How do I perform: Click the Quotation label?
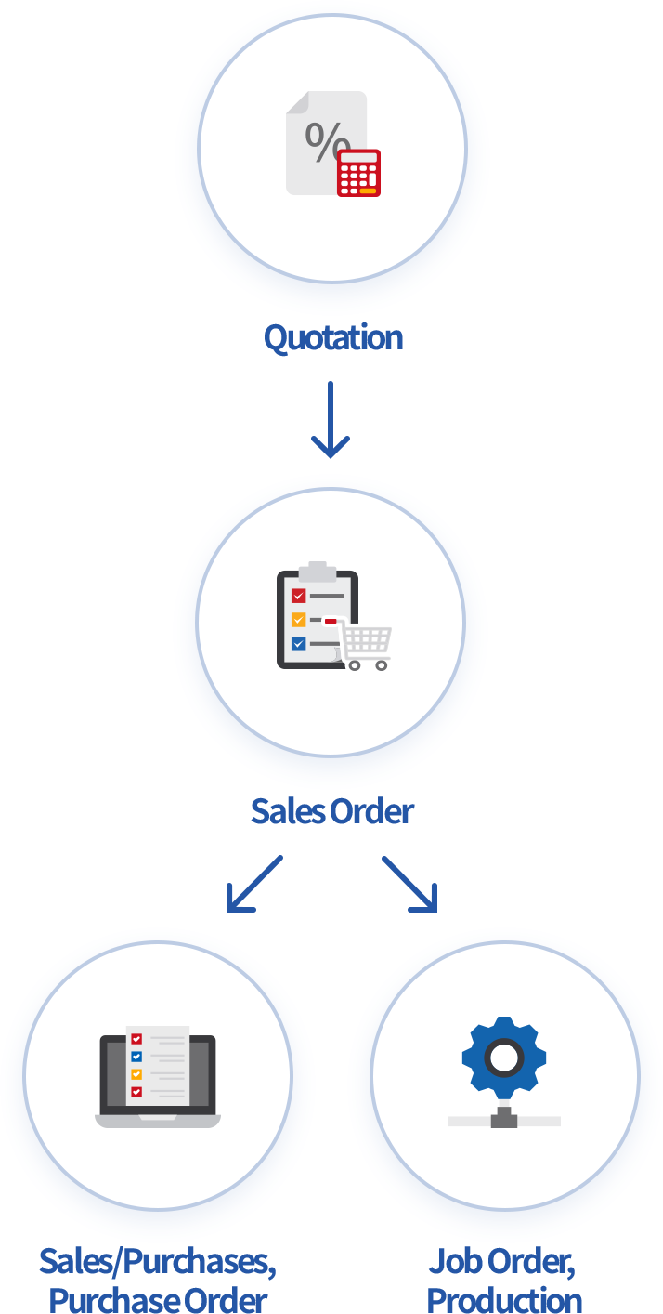tap(332, 337)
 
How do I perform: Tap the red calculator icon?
tap(358, 173)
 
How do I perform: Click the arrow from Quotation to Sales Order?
tap(331, 420)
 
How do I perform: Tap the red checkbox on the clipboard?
tap(298, 596)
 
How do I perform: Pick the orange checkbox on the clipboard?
tap(298, 620)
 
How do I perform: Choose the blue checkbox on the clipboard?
tap(298, 643)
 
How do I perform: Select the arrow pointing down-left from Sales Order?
tap(253, 884)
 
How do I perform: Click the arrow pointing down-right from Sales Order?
tap(409, 884)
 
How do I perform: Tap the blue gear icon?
tap(504, 1058)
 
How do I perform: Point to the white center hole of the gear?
tap(504, 1058)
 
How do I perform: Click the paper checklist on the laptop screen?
tap(157, 1065)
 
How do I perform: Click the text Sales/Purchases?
tap(158, 1261)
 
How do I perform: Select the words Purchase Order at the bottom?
tap(158, 1299)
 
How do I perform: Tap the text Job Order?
tap(502, 1261)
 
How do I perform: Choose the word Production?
tap(504, 1299)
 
